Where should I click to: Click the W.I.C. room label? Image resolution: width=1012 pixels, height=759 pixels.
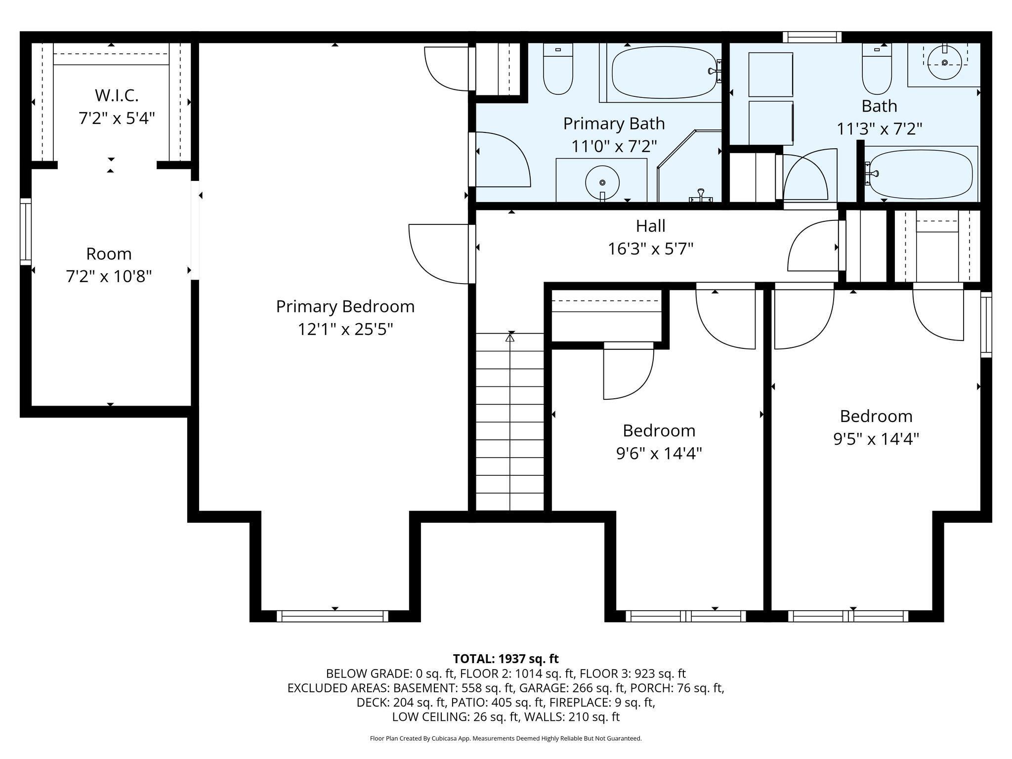117,95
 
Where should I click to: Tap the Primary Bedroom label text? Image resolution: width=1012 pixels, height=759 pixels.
345,306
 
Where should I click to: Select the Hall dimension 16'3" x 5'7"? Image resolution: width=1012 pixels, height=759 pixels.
650,249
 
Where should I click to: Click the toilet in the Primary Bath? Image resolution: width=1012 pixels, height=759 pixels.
558,69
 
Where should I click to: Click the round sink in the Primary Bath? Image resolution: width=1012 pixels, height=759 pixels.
602,182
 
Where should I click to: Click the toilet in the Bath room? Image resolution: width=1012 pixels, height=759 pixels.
877,69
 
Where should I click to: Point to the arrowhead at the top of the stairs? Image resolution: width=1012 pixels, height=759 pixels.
510,337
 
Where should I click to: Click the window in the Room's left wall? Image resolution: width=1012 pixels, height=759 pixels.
25,231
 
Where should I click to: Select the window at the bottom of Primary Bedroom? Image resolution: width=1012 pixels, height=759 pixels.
333,616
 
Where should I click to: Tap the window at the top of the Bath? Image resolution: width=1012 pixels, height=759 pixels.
812,37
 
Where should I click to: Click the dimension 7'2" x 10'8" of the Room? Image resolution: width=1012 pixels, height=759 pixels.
109,276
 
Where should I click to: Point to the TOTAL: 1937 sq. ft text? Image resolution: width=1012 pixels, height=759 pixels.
506,659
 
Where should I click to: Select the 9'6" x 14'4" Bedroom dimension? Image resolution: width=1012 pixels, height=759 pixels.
659,453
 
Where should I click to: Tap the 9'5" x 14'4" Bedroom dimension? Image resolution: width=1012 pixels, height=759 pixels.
876,439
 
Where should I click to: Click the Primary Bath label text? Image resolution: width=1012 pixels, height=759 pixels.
614,124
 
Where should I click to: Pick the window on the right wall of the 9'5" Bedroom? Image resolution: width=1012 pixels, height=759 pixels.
986,325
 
